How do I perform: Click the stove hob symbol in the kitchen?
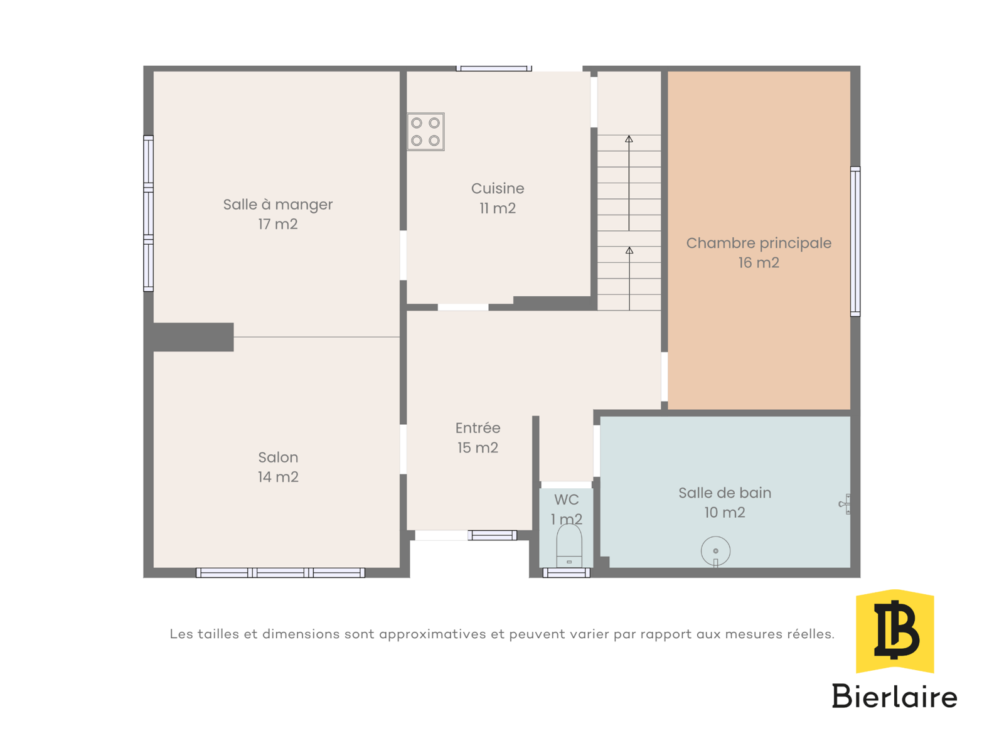(x=425, y=132)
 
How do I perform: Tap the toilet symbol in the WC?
(x=569, y=546)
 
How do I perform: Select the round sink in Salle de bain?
(x=715, y=552)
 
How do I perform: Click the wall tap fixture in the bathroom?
(x=845, y=504)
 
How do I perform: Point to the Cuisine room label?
(x=497, y=188)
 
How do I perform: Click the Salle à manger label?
(x=277, y=205)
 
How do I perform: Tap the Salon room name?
(x=277, y=457)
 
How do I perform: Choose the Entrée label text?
(x=478, y=427)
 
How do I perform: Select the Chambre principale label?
(x=759, y=243)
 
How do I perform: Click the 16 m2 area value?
(x=759, y=262)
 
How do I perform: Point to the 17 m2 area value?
(x=277, y=224)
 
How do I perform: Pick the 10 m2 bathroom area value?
(x=725, y=513)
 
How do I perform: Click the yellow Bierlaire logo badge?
(x=894, y=631)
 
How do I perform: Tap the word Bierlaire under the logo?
(x=894, y=697)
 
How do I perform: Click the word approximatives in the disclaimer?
(x=433, y=634)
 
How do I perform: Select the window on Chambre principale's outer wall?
(x=855, y=242)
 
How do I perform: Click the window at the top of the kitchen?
(x=494, y=68)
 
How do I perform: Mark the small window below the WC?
(x=566, y=573)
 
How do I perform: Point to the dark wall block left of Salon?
(x=193, y=337)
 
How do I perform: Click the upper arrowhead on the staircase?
(x=629, y=139)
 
